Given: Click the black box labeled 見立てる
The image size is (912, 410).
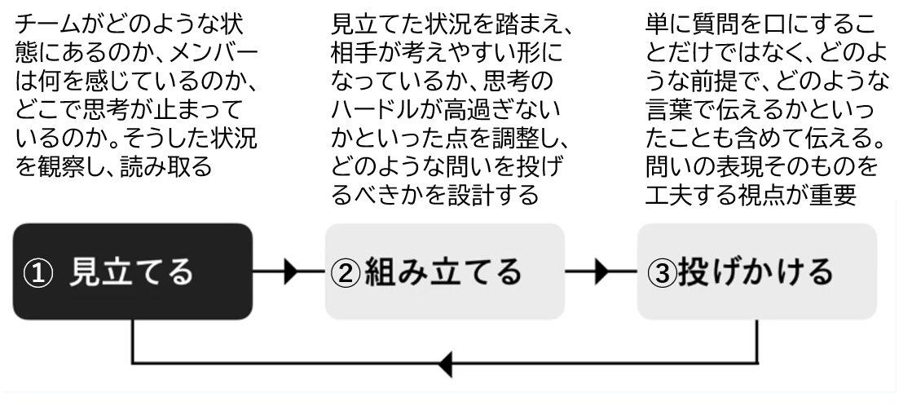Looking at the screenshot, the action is tap(133, 271).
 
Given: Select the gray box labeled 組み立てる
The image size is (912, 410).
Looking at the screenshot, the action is tap(445, 271).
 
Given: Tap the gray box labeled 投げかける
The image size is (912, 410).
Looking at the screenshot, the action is tap(757, 271).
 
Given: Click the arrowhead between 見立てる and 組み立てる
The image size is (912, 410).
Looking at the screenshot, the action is tap(291, 271).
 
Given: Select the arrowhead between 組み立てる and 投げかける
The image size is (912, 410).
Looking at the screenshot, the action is tap(602, 271).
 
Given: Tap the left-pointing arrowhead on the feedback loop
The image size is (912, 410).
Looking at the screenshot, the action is tap(445, 364).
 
